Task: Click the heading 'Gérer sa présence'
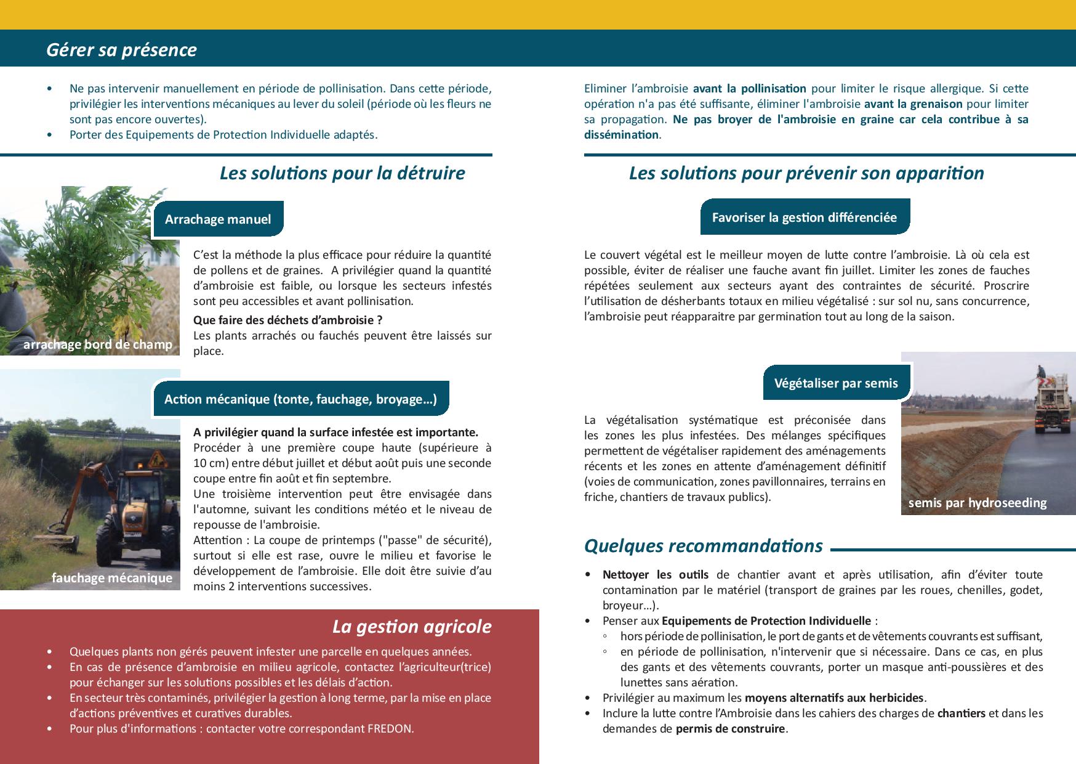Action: [x=121, y=50]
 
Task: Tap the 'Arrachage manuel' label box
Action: [x=218, y=219]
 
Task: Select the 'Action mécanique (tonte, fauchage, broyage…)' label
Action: [x=300, y=399]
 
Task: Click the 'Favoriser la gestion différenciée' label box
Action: [x=804, y=217]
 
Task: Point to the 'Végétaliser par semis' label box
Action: [x=835, y=383]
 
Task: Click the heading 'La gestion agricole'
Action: [x=411, y=627]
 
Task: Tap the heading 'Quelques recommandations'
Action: [x=703, y=546]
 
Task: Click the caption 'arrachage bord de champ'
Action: [x=97, y=344]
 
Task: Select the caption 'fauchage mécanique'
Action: [x=112, y=578]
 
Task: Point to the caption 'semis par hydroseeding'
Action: [x=977, y=503]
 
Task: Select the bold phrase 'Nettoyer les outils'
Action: [x=655, y=575]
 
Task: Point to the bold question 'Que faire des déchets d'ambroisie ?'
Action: [x=287, y=320]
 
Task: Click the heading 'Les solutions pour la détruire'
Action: [x=342, y=173]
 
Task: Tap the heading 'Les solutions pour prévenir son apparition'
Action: [x=806, y=173]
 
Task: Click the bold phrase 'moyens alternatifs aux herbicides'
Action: [x=834, y=698]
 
